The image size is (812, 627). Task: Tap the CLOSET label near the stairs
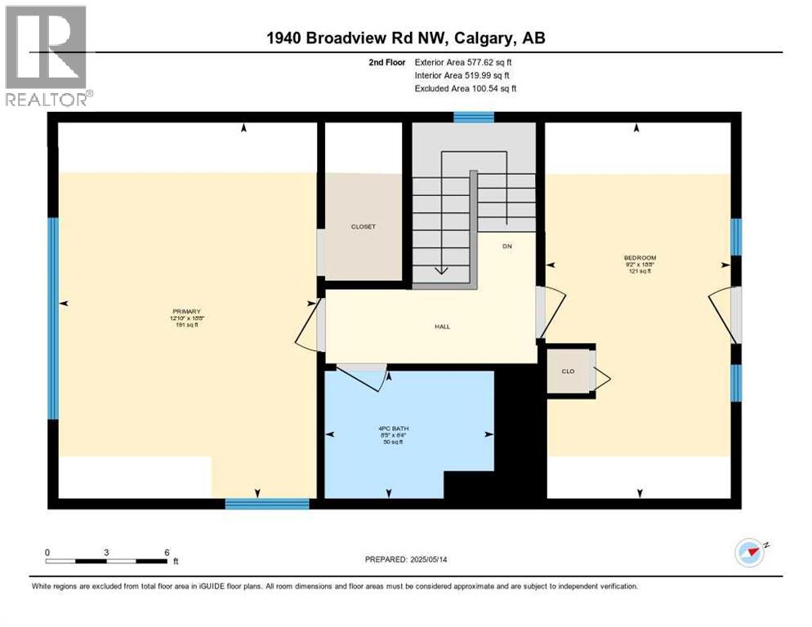point(364,227)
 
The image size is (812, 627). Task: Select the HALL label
point(442,327)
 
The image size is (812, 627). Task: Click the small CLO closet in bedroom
point(568,371)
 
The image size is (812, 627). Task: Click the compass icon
point(749,553)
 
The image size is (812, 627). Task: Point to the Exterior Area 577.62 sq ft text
point(464,62)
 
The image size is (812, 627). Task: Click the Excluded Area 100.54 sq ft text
point(466,88)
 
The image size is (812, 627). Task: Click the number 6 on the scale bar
point(167,552)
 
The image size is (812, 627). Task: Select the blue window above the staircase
point(474,118)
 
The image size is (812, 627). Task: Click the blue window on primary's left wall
point(52,318)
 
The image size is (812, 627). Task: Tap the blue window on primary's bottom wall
point(267,504)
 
